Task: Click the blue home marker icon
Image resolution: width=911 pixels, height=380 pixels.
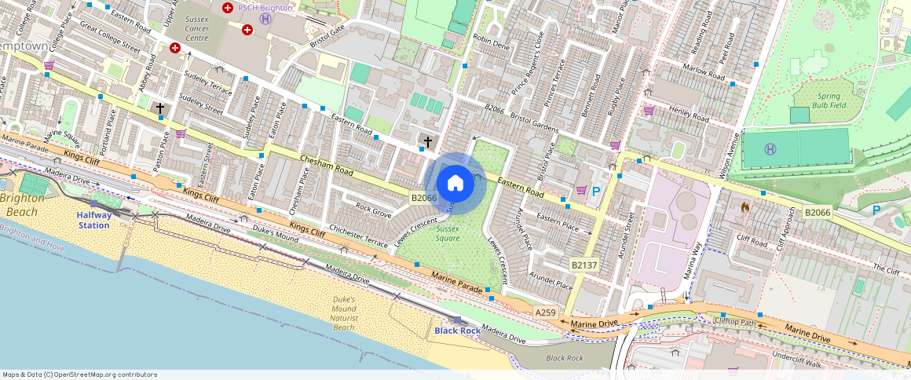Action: tap(455, 184)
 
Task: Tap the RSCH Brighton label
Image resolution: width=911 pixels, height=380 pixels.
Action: tap(265, 8)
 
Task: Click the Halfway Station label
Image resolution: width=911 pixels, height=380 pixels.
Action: tap(93, 220)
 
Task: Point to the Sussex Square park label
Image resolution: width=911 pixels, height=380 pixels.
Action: tap(448, 233)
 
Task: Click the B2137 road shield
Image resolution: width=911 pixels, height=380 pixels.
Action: tap(584, 265)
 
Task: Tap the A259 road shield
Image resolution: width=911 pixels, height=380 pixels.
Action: tap(545, 312)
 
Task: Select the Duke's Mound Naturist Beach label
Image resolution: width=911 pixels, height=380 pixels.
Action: tap(344, 312)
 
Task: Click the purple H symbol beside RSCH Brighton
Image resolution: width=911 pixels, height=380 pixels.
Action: tap(265, 18)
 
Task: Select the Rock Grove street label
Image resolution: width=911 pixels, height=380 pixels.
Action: tap(373, 210)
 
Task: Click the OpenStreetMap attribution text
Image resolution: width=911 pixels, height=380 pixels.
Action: tap(79, 375)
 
